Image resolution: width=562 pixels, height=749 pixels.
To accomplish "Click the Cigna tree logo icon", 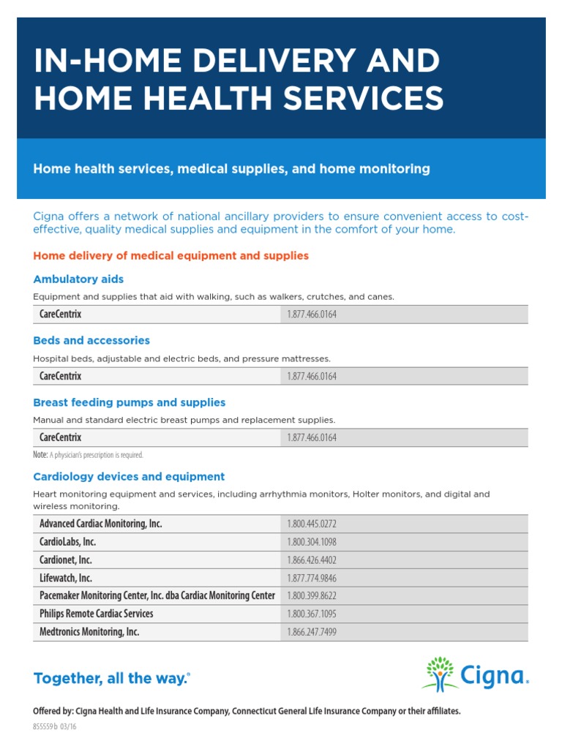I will pos(440,674).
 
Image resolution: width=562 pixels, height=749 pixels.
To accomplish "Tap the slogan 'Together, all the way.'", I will pos(111,679).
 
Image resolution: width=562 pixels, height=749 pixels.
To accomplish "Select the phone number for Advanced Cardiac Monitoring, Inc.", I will pos(312,524).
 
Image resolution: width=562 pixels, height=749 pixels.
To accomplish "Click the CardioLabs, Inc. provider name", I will pos(67,542).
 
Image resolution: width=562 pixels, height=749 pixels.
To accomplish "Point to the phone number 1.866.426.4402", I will pos(312,560).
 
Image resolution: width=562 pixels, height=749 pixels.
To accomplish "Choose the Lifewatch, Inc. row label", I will pos(66,578).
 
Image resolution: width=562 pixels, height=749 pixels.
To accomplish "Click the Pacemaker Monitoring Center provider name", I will pos(157,595).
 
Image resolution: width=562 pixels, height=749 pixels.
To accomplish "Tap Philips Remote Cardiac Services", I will pos(96,614).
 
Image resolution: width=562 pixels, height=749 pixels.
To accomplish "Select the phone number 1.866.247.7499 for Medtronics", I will pos(312,632).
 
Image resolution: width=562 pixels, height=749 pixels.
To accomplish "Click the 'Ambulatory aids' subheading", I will pos(78,279).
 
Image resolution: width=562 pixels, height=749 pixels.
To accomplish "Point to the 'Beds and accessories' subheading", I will pos(91,341).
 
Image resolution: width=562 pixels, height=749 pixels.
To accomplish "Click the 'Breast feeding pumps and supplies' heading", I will pos(129,402).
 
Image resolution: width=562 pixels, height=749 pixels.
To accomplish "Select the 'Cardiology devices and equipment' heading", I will pos(129,477).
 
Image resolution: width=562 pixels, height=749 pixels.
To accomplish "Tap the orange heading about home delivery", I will pos(171,256).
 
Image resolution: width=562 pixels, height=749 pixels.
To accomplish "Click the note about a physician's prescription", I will pos(88,455).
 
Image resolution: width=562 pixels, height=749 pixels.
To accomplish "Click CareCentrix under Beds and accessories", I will pos(60,376).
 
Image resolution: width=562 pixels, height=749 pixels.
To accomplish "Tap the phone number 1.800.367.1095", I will pos(312,614).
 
